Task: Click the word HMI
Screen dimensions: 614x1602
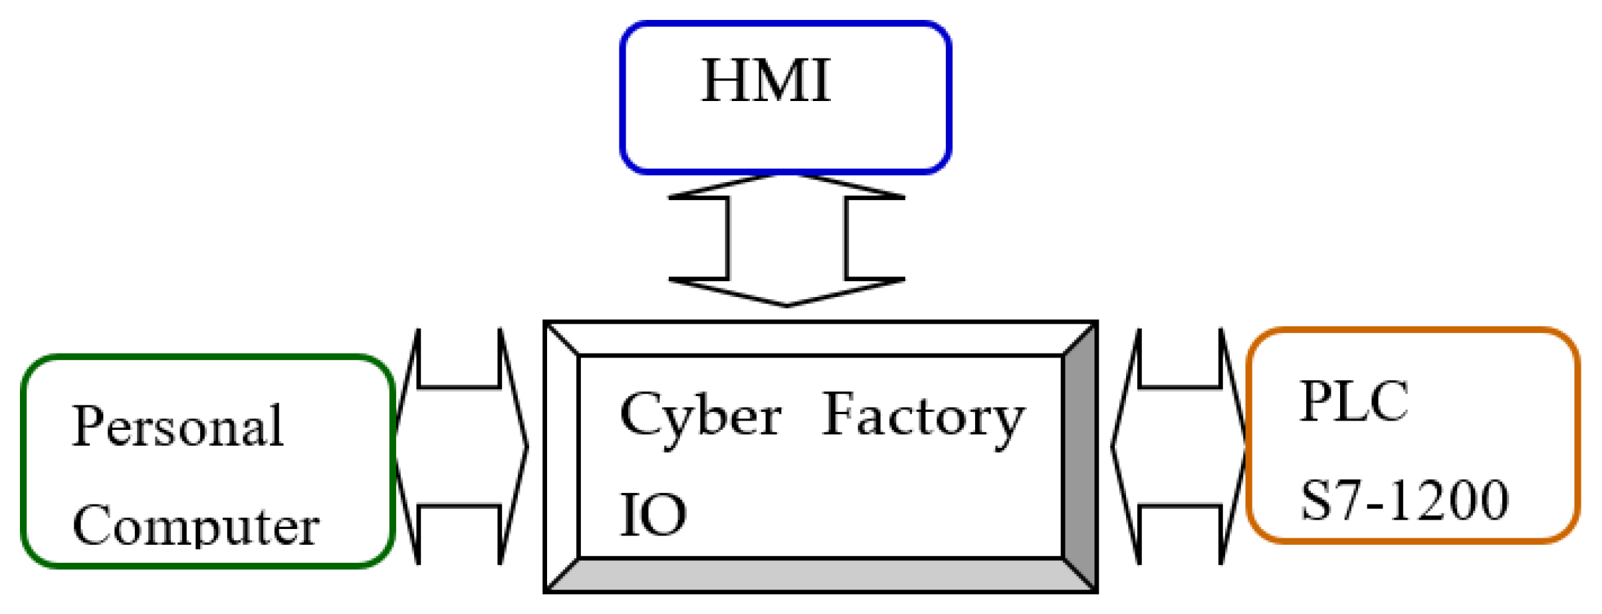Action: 766,81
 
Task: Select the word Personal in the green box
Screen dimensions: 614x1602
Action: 178,426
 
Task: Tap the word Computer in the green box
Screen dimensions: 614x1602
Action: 195,526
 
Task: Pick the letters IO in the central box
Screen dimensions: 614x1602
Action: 653,515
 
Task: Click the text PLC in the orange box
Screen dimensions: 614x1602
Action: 1354,401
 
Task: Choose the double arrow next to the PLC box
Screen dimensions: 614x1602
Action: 1179,447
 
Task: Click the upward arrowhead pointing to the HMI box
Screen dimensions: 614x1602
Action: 786,185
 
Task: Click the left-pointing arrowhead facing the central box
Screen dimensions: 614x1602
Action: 1125,447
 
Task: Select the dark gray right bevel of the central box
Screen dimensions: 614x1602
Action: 1080,456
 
